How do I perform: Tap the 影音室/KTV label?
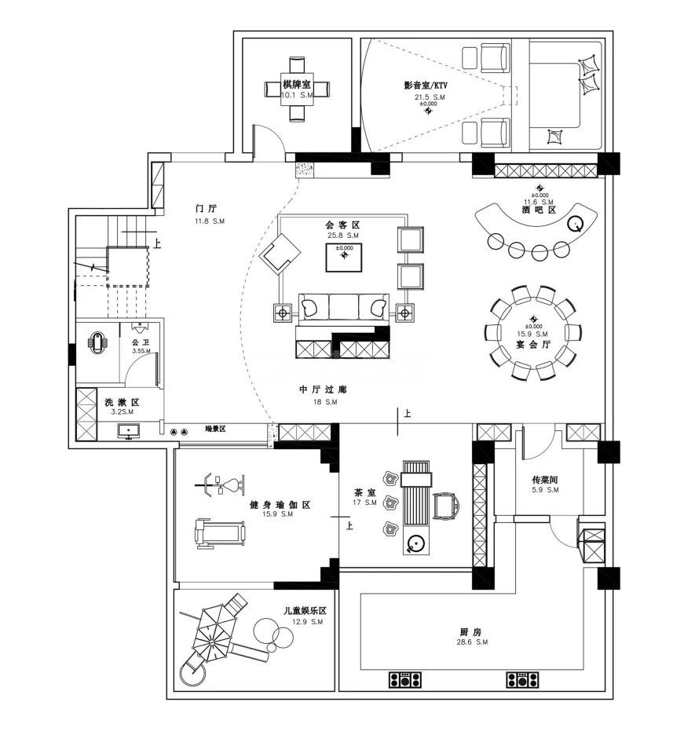pyautogui.click(x=430, y=86)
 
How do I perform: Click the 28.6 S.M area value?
pyautogui.click(x=470, y=642)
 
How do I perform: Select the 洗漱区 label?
pyautogui.click(x=122, y=402)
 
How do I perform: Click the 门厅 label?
pyautogui.click(x=206, y=209)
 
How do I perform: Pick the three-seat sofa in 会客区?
pyautogui.click(x=344, y=306)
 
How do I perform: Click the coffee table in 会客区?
pyautogui.click(x=345, y=257)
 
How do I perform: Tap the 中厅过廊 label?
pyautogui.click(x=323, y=390)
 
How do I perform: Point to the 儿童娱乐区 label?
pyautogui.click(x=305, y=611)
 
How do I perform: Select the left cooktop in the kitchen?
pyautogui.click(x=406, y=679)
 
